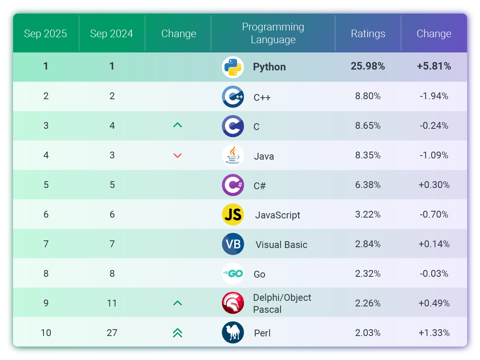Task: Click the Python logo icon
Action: [x=233, y=67]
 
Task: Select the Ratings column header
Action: [x=368, y=34]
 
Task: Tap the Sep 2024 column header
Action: [x=112, y=34]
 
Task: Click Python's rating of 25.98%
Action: [x=368, y=66]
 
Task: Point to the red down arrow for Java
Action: [x=177, y=156]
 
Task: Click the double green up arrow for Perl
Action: [x=177, y=333]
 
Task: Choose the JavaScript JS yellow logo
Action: [x=233, y=214]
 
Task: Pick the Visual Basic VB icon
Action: [x=233, y=244]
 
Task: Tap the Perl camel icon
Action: [x=233, y=332]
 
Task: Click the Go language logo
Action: [x=233, y=274]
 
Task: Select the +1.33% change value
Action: [x=434, y=333]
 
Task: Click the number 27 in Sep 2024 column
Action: [x=112, y=333]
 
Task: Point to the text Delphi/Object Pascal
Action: [x=282, y=303]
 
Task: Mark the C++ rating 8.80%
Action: [x=368, y=96]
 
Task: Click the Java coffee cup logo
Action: [x=233, y=155]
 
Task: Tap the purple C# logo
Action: [x=233, y=185]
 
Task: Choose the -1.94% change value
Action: [x=434, y=96]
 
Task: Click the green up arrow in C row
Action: [x=177, y=125]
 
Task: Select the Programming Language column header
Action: [x=273, y=34]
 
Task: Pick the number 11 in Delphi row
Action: [x=112, y=303]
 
